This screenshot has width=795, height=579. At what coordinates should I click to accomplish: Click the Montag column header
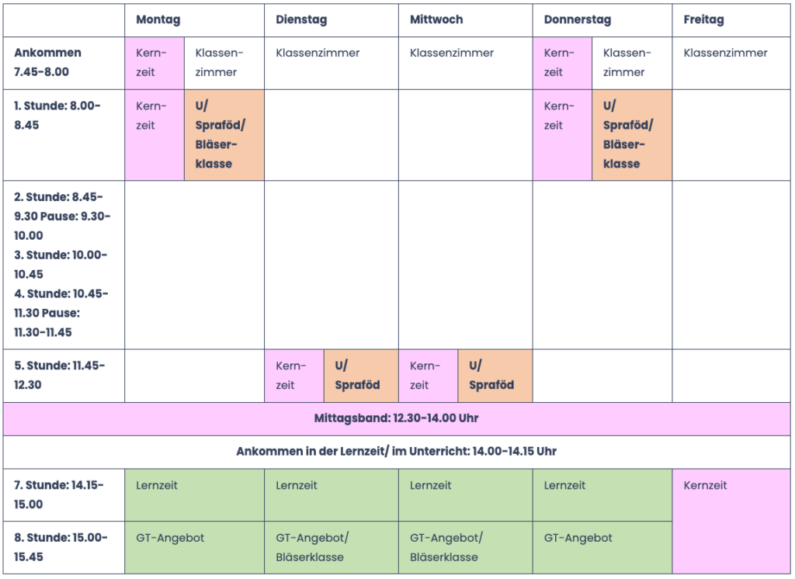click(x=158, y=19)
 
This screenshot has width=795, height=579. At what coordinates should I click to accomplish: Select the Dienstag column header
click(x=301, y=19)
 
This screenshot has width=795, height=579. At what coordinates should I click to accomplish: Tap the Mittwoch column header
click(x=436, y=19)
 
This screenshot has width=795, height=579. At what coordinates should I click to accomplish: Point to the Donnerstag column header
click(x=578, y=19)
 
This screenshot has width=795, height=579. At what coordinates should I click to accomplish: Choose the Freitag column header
click(x=703, y=19)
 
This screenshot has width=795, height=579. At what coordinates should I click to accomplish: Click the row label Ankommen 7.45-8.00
click(x=47, y=62)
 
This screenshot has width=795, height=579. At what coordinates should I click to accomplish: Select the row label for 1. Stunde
click(x=57, y=116)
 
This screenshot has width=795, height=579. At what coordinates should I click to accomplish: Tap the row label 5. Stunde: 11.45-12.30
click(x=59, y=375)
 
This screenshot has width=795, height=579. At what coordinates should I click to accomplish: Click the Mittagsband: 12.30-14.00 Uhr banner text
click(x=397, y=418)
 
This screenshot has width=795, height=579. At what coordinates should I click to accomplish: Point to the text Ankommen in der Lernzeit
click(x=311, y=451)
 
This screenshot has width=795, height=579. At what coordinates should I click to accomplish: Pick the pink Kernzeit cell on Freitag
click(x=731, y=522)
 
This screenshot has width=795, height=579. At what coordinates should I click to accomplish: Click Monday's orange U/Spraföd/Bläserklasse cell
click(x=224, y=135)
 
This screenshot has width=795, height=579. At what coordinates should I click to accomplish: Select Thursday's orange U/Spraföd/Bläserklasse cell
click(x=632, y=135)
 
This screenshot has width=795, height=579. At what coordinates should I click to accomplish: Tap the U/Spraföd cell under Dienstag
click(x=361, y=376)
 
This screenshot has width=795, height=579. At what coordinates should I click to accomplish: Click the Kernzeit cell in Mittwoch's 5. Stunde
click(x=429, y=376)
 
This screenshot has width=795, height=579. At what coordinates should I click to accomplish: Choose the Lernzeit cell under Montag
click(x=195, y=495)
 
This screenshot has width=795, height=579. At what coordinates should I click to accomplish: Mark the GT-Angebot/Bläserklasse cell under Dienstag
click(x=332, y=547)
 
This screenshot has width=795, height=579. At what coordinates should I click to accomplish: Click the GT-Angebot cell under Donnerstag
click(x=602, y=547)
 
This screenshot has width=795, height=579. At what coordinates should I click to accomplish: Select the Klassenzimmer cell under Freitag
click(x=731, y=64)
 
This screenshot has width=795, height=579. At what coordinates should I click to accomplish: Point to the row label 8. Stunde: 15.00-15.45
click(x=61, y=547)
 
